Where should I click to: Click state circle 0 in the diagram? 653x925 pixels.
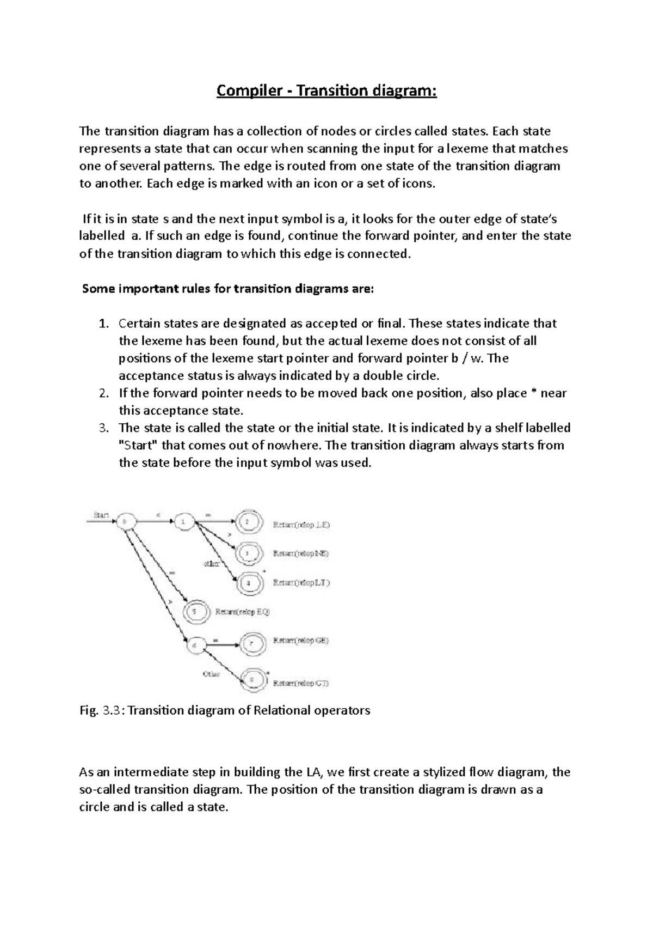pos(124,521)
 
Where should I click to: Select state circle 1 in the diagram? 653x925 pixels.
pos(183,522)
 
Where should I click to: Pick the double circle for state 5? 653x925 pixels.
pos(196,612)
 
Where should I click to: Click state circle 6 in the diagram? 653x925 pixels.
pos(196,646)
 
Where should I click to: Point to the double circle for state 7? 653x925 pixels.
pos(253,644)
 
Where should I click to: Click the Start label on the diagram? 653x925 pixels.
pos(101,514)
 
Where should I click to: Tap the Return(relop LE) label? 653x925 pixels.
pos(301,525)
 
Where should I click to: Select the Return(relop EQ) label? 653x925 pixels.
pos(243,612)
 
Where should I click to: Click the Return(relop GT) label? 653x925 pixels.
pos(301,683)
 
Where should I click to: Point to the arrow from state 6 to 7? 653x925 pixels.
pos(223,646)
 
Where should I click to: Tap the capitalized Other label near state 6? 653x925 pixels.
pos(211,674)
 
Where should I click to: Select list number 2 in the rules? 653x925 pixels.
pos(104,393)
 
